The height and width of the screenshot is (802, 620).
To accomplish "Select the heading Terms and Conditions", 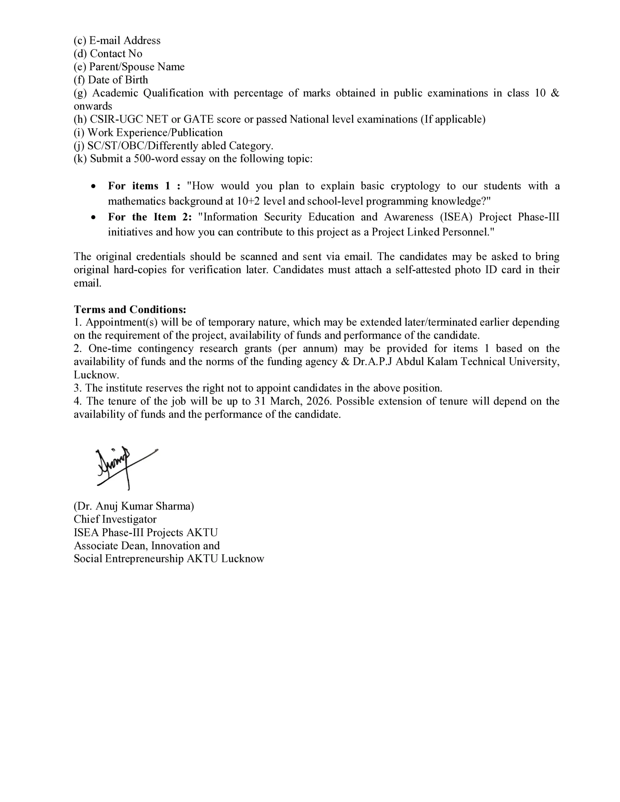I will click(130, 309).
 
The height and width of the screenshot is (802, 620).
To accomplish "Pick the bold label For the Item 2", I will click(150, 217).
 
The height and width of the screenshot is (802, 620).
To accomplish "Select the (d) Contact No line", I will click(108, 54).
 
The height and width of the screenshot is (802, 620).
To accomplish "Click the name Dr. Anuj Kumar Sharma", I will click(134, 506).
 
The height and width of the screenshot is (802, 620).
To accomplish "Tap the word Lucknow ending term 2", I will click(96, 375).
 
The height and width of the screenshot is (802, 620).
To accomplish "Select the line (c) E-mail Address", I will click(117, 40).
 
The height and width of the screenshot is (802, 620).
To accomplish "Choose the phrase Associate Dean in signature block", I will click(110, 546).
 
